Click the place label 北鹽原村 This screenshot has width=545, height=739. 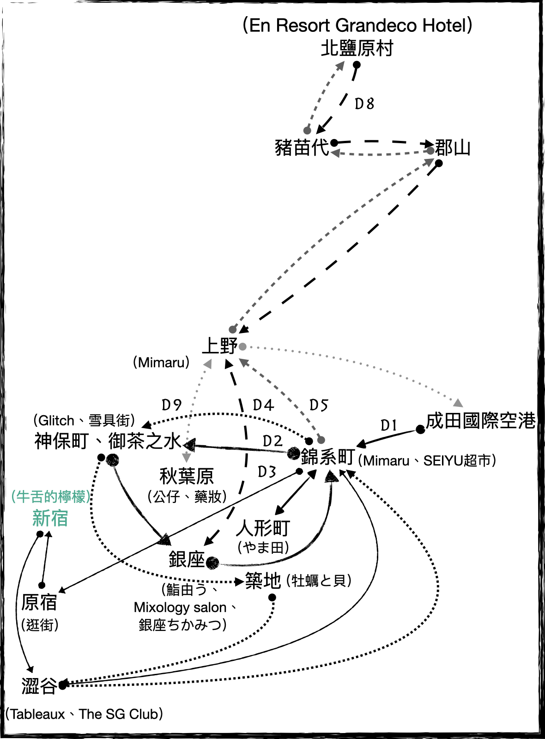[x=357, y=48]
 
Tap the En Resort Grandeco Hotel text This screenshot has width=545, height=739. [x=357, y=25]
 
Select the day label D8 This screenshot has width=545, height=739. [x=364, y=104]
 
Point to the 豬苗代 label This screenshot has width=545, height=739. [x=302, y=148]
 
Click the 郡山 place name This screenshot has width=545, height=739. [x=452, y=148]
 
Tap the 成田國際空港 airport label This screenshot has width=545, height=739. [x=480, y=421]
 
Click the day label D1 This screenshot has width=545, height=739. [x=388, y=425]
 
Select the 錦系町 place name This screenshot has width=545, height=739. [x=327, y=457]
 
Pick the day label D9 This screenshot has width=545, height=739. [x=171, y=405]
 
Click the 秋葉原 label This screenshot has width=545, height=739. [x=187, y=476]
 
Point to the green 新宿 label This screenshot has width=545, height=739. [x=50, y=518]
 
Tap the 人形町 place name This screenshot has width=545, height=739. [x=263, y=527]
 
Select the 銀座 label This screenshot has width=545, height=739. [x=187, y=560]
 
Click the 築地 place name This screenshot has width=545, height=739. [x=263, y=581]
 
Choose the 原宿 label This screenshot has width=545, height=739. [x=39, y=602]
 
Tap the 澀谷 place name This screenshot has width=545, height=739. [x=39, y=686]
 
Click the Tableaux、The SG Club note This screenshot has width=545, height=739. [x=84, y=714]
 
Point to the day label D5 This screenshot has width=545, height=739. [x=318, y=406]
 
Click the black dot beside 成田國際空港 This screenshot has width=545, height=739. [x=420, y=430]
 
